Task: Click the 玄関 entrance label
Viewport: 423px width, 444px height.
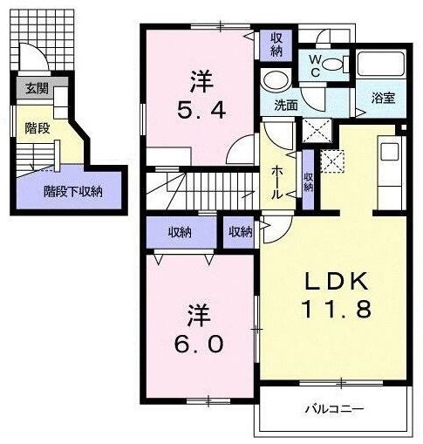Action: pos(36,88)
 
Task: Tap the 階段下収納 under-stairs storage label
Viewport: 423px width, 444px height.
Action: pos(73,191)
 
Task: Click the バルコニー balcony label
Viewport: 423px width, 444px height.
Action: pos(334,408)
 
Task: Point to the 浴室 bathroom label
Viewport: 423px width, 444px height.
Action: pos(384,98)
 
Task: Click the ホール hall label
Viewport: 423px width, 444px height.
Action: pos(276,181)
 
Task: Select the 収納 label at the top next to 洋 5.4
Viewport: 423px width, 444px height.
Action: pos(276,44)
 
